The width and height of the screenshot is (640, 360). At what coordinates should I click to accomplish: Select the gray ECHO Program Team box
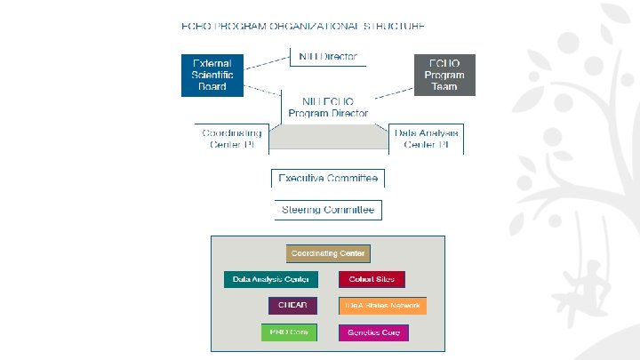(444, 75)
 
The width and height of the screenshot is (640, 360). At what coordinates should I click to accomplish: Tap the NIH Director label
(328, 56)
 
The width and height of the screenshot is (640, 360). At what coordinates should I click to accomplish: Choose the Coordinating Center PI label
(230, 139)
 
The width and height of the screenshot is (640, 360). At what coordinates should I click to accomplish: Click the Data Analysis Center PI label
(428, 139)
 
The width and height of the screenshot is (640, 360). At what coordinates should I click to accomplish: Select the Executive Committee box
(328, 178)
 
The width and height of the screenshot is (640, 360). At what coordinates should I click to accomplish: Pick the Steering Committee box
(328, 210)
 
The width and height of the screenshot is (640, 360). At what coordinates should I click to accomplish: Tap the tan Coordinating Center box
(328, 253)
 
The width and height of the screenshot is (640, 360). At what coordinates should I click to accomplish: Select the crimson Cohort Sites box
(372, 279)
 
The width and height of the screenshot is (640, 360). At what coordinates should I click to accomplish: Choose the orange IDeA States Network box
(382, 306)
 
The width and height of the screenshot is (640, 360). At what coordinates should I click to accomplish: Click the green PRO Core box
(284, 332)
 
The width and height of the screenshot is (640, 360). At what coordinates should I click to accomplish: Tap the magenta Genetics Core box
(373, 332)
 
